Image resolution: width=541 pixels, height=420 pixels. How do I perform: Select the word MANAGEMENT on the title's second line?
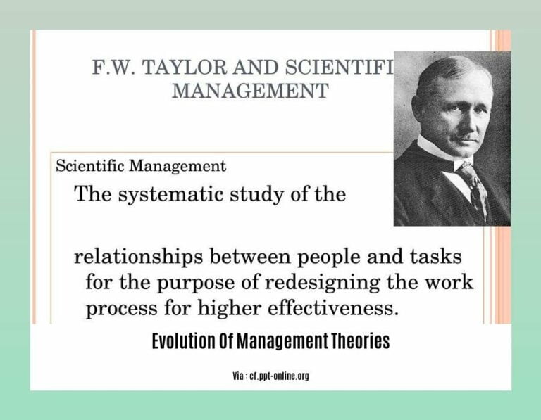[250, 91]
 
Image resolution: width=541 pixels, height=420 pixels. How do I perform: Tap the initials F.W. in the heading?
[116, 68]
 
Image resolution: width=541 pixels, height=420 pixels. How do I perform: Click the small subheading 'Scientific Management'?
[141, 166]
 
